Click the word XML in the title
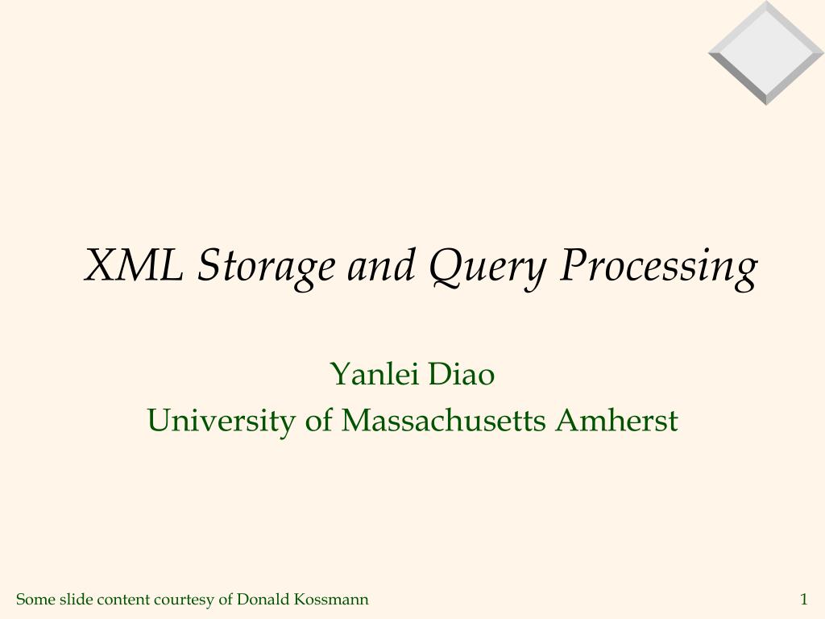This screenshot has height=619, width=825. (133, 265)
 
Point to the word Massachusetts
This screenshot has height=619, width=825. (443, 421)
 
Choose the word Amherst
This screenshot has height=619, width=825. (616, 421)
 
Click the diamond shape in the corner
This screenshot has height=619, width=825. (766, 52)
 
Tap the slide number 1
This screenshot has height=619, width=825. (803, 599)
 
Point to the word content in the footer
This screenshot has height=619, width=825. (122, 599)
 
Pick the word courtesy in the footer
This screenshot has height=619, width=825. (184, 600)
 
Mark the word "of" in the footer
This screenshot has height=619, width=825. (226, 599)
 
